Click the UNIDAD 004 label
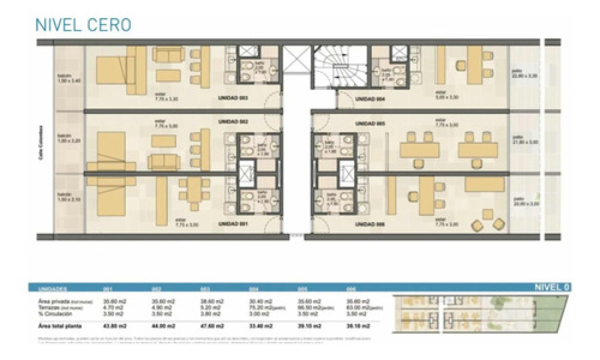pos(368,99)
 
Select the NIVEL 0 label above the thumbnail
pos(551,287)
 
